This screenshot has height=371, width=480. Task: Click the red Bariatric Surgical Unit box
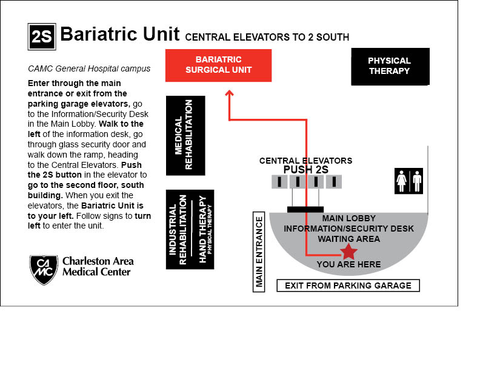point(218,65)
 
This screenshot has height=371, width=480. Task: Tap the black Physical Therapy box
point(390,66)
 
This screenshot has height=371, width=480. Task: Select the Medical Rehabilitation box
point(185,136)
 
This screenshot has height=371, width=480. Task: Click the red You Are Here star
point(348,252)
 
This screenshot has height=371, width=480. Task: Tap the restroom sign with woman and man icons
point(408,181)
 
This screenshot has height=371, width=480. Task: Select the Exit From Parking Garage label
point(348,286)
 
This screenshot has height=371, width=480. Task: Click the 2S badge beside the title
point(42,37)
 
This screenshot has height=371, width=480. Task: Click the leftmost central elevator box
point(279,181)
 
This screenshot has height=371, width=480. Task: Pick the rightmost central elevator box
point(333,181)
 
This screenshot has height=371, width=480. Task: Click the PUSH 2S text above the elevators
point(306,170)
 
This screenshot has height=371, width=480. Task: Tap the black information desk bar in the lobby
point(305,209)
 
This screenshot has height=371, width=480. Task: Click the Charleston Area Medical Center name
point(98,267)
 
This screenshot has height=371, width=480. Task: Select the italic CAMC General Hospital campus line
point(89,69)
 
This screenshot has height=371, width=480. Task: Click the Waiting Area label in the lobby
point(348,239)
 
